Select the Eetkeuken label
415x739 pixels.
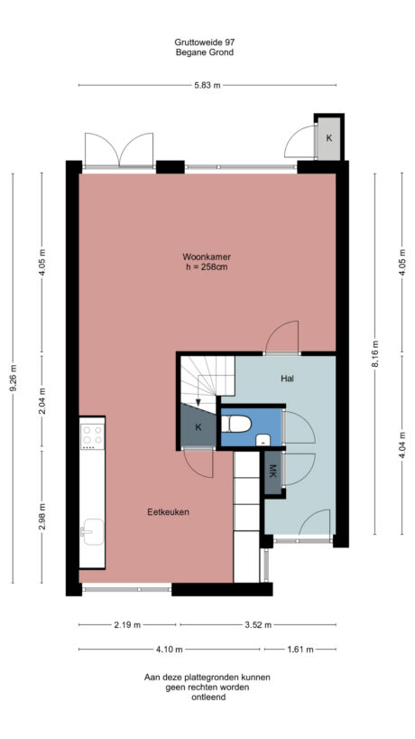click(x=168, y=512)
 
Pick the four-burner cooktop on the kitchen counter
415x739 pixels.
click(x=92, y=436)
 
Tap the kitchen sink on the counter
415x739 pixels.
click(x=91, y=531)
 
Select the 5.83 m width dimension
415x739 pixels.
click(x=207, y=86)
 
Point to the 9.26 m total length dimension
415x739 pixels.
click(x=13, y=380)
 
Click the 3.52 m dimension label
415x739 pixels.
click(x=258, y=623)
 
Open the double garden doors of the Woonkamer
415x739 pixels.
click(x=118, y=150)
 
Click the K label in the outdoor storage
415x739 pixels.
click(x=328, y=139)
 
